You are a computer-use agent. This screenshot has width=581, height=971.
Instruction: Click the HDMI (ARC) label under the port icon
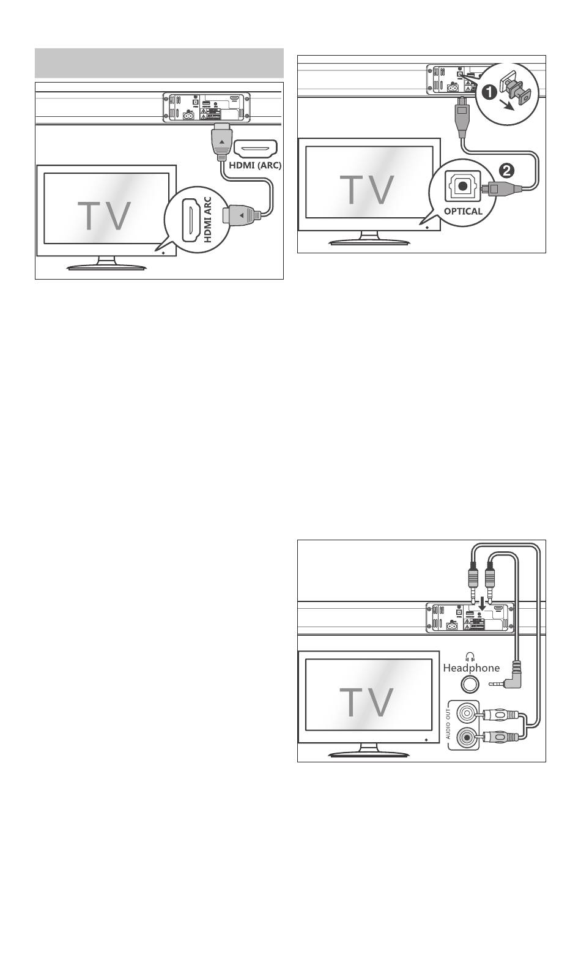pyautogui.click(x=255, y=165)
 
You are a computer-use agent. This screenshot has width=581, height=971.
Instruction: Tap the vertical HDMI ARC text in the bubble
pyautogui.click(x=207, y=219)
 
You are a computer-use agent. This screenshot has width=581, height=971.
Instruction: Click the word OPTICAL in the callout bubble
pyautogui.click(x=463, y=212)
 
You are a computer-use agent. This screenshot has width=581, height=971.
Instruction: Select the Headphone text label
pyautogui.click(x=472, y=668)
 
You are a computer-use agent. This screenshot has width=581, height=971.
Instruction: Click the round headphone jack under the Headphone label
pyautogui.click(x=469, y=685)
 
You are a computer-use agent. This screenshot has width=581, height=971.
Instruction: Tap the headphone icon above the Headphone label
pyautogui.click(x=469, y=657)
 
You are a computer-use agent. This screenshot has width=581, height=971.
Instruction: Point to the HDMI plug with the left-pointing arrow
pyautogui.click(x=242, y=215)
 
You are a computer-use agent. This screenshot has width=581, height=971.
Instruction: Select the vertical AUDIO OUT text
pyautogui.click(x=448, y=724)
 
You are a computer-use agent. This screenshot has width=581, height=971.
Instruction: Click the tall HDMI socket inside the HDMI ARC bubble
pyautogui.click(x=190, y=219)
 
